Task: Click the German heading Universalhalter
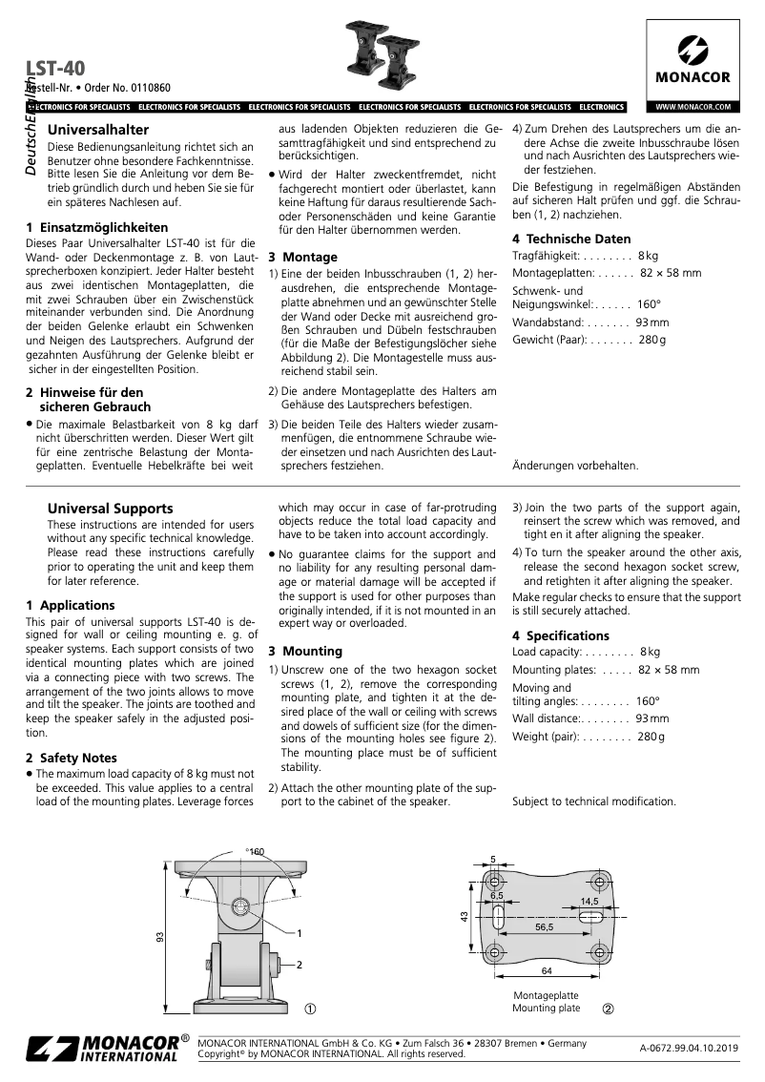[97, 128]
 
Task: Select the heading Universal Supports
[110, 509]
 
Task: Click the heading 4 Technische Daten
[570, 239]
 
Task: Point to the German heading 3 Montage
[302, 257]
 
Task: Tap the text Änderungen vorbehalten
[575, 466]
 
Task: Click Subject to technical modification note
[593, 801]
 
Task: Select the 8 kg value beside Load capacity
[650, 652]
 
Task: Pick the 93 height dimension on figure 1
[159, 938]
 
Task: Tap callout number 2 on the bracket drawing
[300, 966]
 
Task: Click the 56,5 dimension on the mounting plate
[544, 926]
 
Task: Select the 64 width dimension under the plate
[547, 972]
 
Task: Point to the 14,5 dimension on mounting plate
[589, 901]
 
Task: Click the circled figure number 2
[608, 1009]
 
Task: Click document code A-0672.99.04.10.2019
[689, 1049]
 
